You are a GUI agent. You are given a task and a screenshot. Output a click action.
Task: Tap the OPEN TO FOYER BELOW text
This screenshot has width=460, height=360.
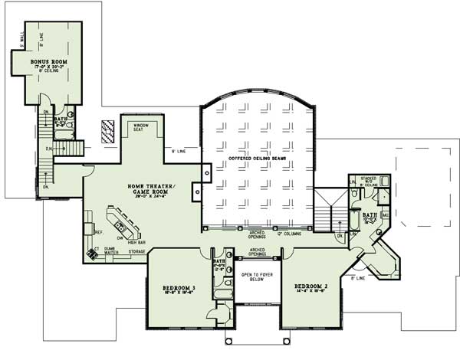pyautogui.click(x=257, y=277)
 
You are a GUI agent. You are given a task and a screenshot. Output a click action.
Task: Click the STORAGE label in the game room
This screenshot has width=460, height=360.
pyautogui.click(x=137, y=250)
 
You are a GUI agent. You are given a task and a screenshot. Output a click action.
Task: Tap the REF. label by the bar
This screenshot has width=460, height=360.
pyautogui.click(x=98, y=231)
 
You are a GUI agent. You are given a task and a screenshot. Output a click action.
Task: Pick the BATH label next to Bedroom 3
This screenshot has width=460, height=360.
pyautogui.click(x=218, y=266)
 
